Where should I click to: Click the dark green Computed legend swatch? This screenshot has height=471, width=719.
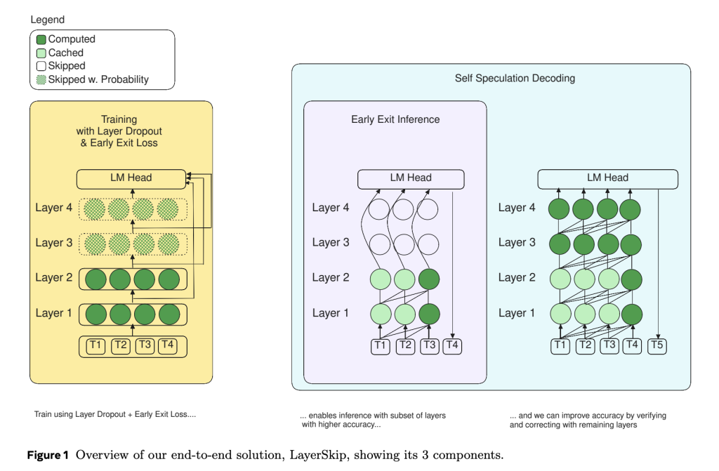click(41, 39)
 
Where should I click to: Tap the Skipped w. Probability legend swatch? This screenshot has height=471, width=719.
click(41, 80)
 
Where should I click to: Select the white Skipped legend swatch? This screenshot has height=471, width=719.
click(41, 66)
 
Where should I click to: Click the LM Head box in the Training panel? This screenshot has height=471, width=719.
click(131, 179)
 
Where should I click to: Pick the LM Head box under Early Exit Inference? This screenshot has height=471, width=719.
click(411, 179)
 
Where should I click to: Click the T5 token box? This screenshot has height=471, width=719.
click(657, 345)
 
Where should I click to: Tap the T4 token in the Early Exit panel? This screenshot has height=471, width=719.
click(452, 345)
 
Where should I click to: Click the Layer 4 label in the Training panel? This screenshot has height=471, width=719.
click(53, 208)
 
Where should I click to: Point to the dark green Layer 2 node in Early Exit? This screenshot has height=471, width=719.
click(429, 279)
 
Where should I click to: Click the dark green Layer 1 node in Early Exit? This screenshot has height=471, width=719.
click(429, 314)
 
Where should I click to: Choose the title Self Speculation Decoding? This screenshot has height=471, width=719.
click(515, 79)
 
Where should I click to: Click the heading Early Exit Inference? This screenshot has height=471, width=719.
click(395, 120)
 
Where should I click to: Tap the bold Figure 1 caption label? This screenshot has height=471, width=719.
click(48, 455)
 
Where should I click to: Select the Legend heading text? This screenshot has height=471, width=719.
click(47, 20)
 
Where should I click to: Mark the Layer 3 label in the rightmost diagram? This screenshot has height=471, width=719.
click(517, 243)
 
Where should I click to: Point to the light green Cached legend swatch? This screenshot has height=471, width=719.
click(41, 53)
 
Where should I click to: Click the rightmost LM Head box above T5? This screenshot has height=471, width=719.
click(607, 179)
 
